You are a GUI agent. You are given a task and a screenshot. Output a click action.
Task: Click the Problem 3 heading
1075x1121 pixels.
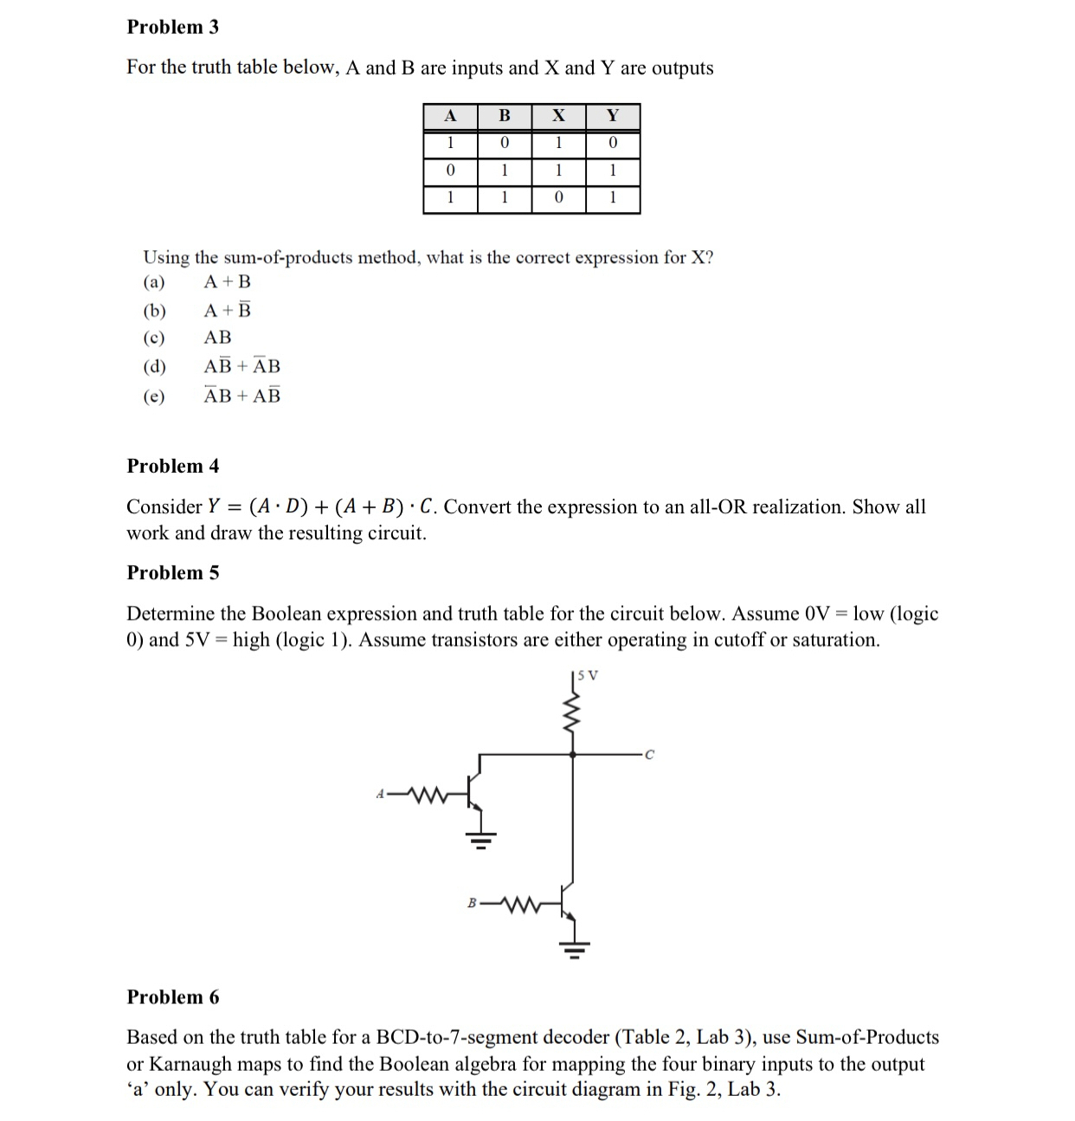point(172,27)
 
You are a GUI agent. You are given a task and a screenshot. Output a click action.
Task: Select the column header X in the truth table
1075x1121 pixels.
point(558,116)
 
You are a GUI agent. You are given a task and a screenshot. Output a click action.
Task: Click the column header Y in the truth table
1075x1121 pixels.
point(613,116)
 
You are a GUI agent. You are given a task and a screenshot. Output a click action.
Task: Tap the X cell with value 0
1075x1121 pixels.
point(558,198)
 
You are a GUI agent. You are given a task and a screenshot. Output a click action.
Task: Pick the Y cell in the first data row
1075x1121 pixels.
point(613,143)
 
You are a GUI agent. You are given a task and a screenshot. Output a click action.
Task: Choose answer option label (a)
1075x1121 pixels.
point(154,282)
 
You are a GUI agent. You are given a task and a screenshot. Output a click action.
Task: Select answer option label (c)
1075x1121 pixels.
point(154,338)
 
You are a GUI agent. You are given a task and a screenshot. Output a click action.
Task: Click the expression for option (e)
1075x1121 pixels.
point(242,396)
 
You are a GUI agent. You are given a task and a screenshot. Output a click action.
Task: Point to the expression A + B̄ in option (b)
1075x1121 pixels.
point(228,310)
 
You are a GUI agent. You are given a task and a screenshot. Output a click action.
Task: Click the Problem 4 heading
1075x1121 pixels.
point(172,466)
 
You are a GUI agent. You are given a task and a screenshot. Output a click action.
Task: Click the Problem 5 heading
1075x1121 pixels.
point(172,572)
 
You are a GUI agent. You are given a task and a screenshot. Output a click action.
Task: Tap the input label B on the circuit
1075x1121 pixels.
point(472,904)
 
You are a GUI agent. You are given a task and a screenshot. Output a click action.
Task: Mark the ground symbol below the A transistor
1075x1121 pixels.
point(480,838)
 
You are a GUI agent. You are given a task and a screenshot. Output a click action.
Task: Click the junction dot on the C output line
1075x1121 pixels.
point(571,755)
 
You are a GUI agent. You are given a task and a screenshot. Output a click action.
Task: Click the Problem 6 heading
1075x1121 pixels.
point(172,996)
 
